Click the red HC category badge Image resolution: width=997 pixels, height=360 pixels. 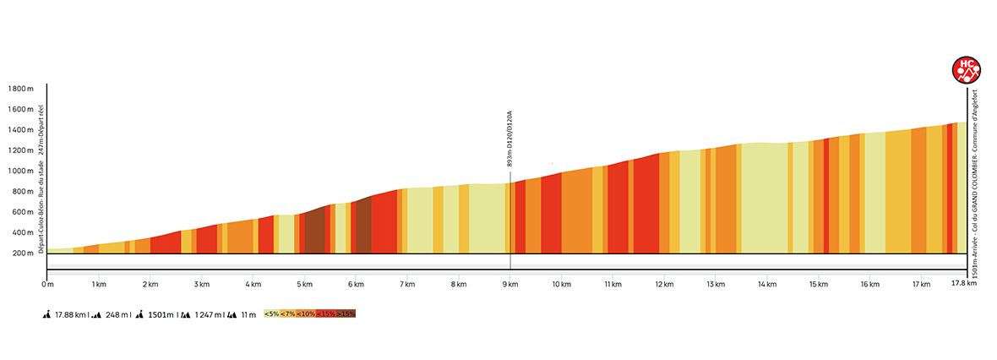pos(966,69)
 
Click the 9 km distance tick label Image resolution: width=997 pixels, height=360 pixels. pos(509,284)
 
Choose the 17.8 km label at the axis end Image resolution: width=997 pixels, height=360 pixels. pos(965,284)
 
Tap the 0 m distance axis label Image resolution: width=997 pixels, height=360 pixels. pos(48,284)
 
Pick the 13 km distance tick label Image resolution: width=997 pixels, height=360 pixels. pos(716,284)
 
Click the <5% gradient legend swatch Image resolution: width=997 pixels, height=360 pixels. pos(272,314)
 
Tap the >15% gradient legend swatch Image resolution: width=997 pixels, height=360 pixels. pos(346,314)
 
